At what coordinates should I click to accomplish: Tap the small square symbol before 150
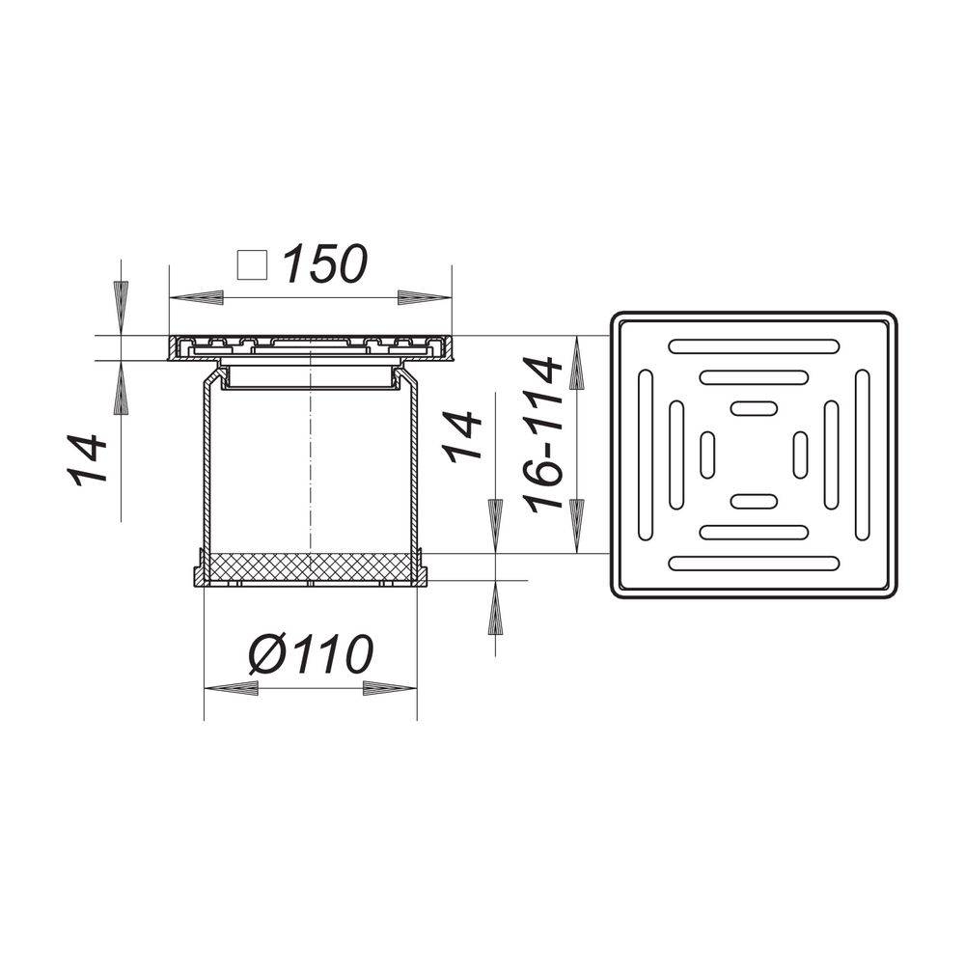coord(253,264)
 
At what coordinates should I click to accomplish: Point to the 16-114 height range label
coord(544,433)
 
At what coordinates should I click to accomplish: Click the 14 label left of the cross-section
coord(86,459)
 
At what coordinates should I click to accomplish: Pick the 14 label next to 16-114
coord(463,436)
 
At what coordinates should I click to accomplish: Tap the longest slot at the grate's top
coord(754,345)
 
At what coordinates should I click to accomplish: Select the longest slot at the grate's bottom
coord(754,564)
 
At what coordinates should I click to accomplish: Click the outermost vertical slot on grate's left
coord(645,455)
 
